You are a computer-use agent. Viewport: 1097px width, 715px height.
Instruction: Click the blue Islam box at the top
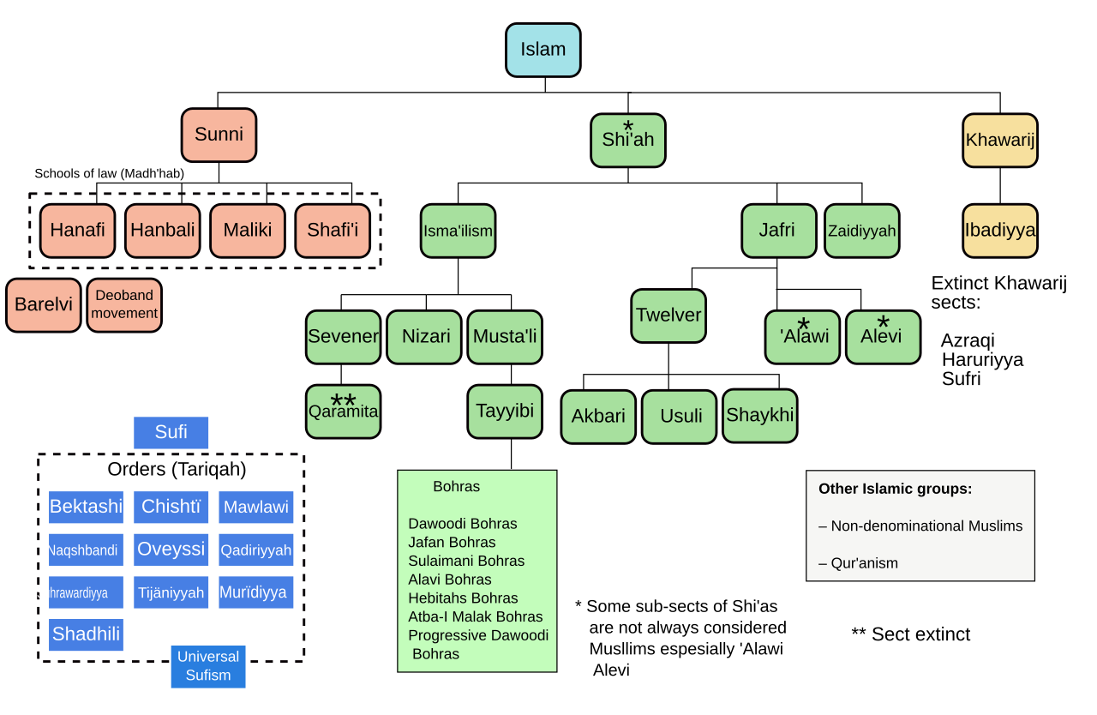pyautogui.click(x=543, y=50)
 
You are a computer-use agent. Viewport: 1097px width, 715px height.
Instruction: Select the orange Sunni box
pyautogui.click(x=219, y=135)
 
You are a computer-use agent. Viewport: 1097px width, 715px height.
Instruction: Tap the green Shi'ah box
pyautogui.click(x=627, y=141)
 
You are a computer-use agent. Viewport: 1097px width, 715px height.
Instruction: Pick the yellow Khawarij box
pyautogui.click(x=999, y=141)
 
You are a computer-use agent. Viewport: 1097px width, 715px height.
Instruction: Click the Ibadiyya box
pyautogui.click(x=999, y=231)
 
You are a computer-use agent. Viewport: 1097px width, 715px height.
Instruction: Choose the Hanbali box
pyautogui.click(x=162, y=231)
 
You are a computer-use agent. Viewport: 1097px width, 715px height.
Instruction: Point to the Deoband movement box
pyautogui.click(x=124, y=305)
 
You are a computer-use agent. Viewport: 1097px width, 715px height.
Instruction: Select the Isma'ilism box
pyautogui.click(x=458, y=231)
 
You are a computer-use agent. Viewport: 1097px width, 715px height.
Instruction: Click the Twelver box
pyautogui.click(x=668, y=315)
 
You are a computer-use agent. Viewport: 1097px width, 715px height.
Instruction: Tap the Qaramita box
pyautogui.click(x=343, y=412)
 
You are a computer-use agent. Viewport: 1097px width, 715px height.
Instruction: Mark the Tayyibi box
pyautogui.click(x=504, y=412)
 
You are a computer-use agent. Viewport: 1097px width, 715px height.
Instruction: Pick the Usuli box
pyautogui.click(x=679, y=417)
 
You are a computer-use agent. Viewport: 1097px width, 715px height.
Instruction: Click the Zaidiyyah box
pyautogui.click(x=861, y=231)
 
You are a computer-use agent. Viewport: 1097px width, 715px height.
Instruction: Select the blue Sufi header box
pyautogui.click(x=171, y=432)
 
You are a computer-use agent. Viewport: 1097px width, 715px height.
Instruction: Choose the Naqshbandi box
pyautogui.click(x=85, y=550)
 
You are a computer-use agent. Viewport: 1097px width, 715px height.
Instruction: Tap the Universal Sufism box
pyautogui.click(x=207, y=666)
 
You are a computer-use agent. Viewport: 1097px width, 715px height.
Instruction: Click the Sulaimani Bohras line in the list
pyautogui.click(x=466, y=561)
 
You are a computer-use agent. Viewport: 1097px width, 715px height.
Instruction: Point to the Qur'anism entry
pyautogui.click(x=858, y=563)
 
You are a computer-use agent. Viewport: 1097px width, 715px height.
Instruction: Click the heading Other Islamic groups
pyautogui.click(x=895, y=489)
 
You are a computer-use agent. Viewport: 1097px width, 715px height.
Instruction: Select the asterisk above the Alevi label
pyautogui.click(x=883, y=323)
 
